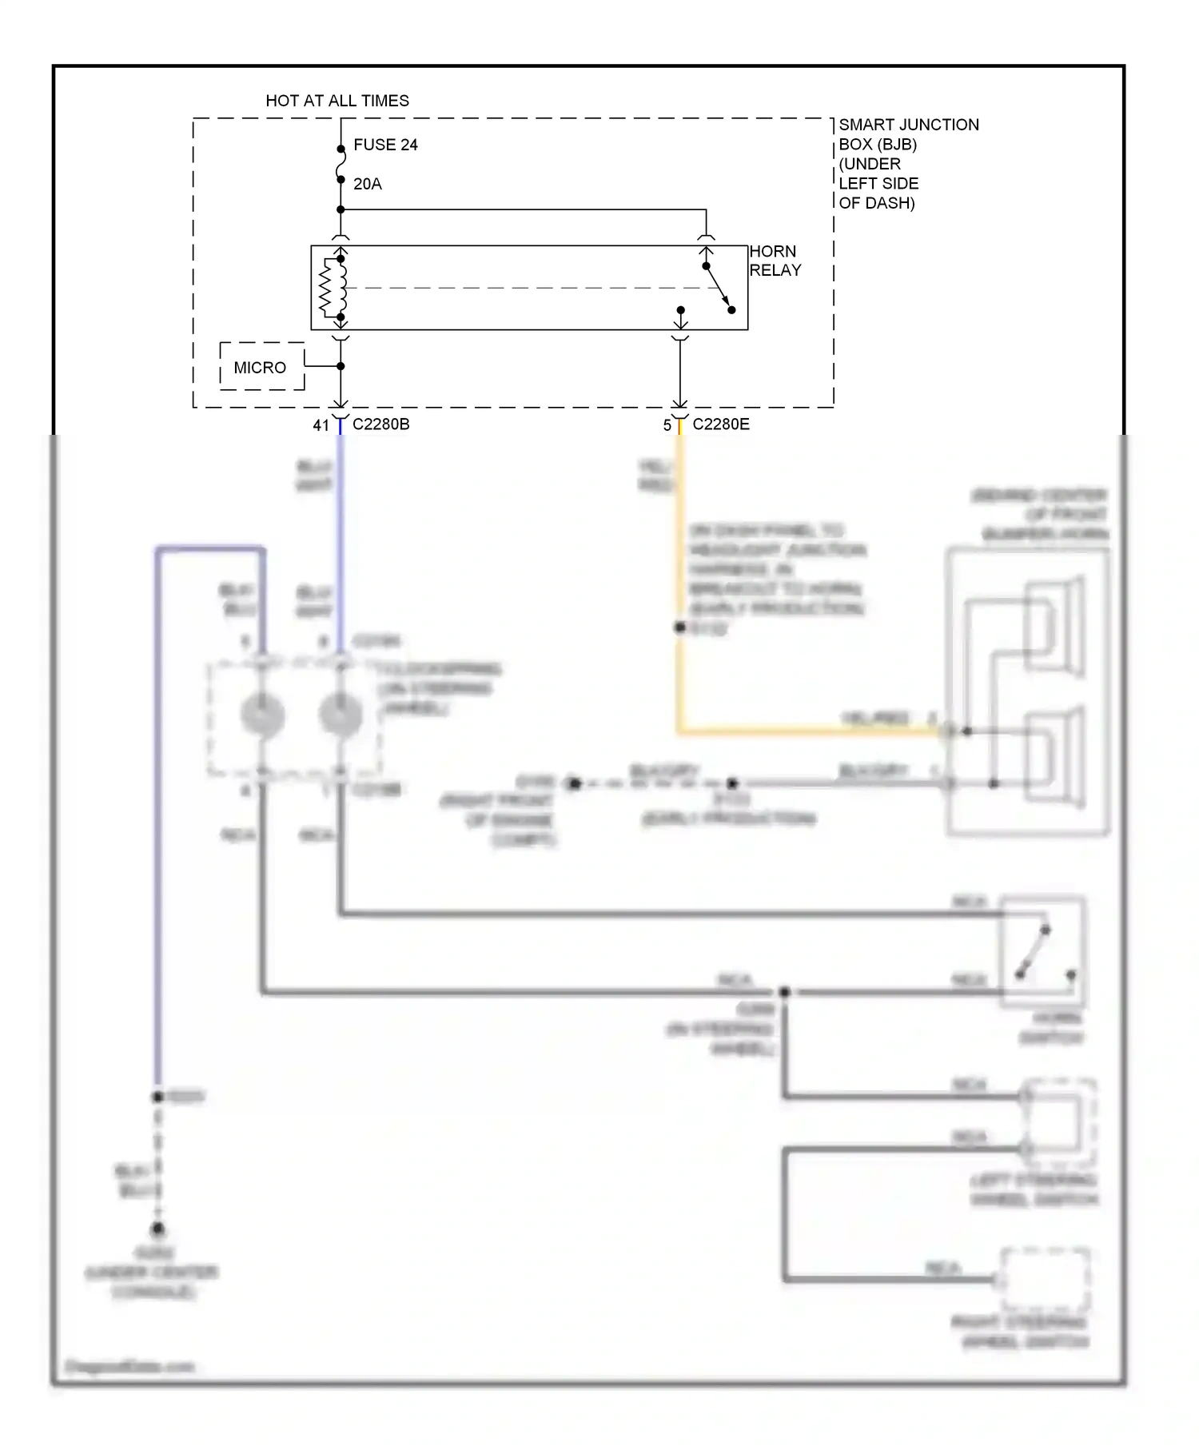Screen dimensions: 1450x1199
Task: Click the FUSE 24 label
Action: [x=385, y=145]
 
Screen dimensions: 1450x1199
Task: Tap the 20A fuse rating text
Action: [x=367, y=184]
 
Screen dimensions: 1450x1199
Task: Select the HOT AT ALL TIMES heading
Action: [x=337, y=101]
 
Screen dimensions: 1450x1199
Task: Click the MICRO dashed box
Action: [x=261, y=367]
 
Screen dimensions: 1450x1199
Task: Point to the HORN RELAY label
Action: [x=774, y=261]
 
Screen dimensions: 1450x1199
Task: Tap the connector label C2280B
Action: [x=380, y=424]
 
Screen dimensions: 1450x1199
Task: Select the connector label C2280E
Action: [x=720, y=424]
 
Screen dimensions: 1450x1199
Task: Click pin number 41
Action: [x=321, y=425]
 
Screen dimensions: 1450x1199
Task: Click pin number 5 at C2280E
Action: [x=667, y=425]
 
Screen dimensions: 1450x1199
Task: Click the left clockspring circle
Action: [x=262, y=714]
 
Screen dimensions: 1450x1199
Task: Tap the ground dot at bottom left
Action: [x=157, y=1229]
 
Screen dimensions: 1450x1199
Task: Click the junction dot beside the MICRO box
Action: [x=341, y=366]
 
